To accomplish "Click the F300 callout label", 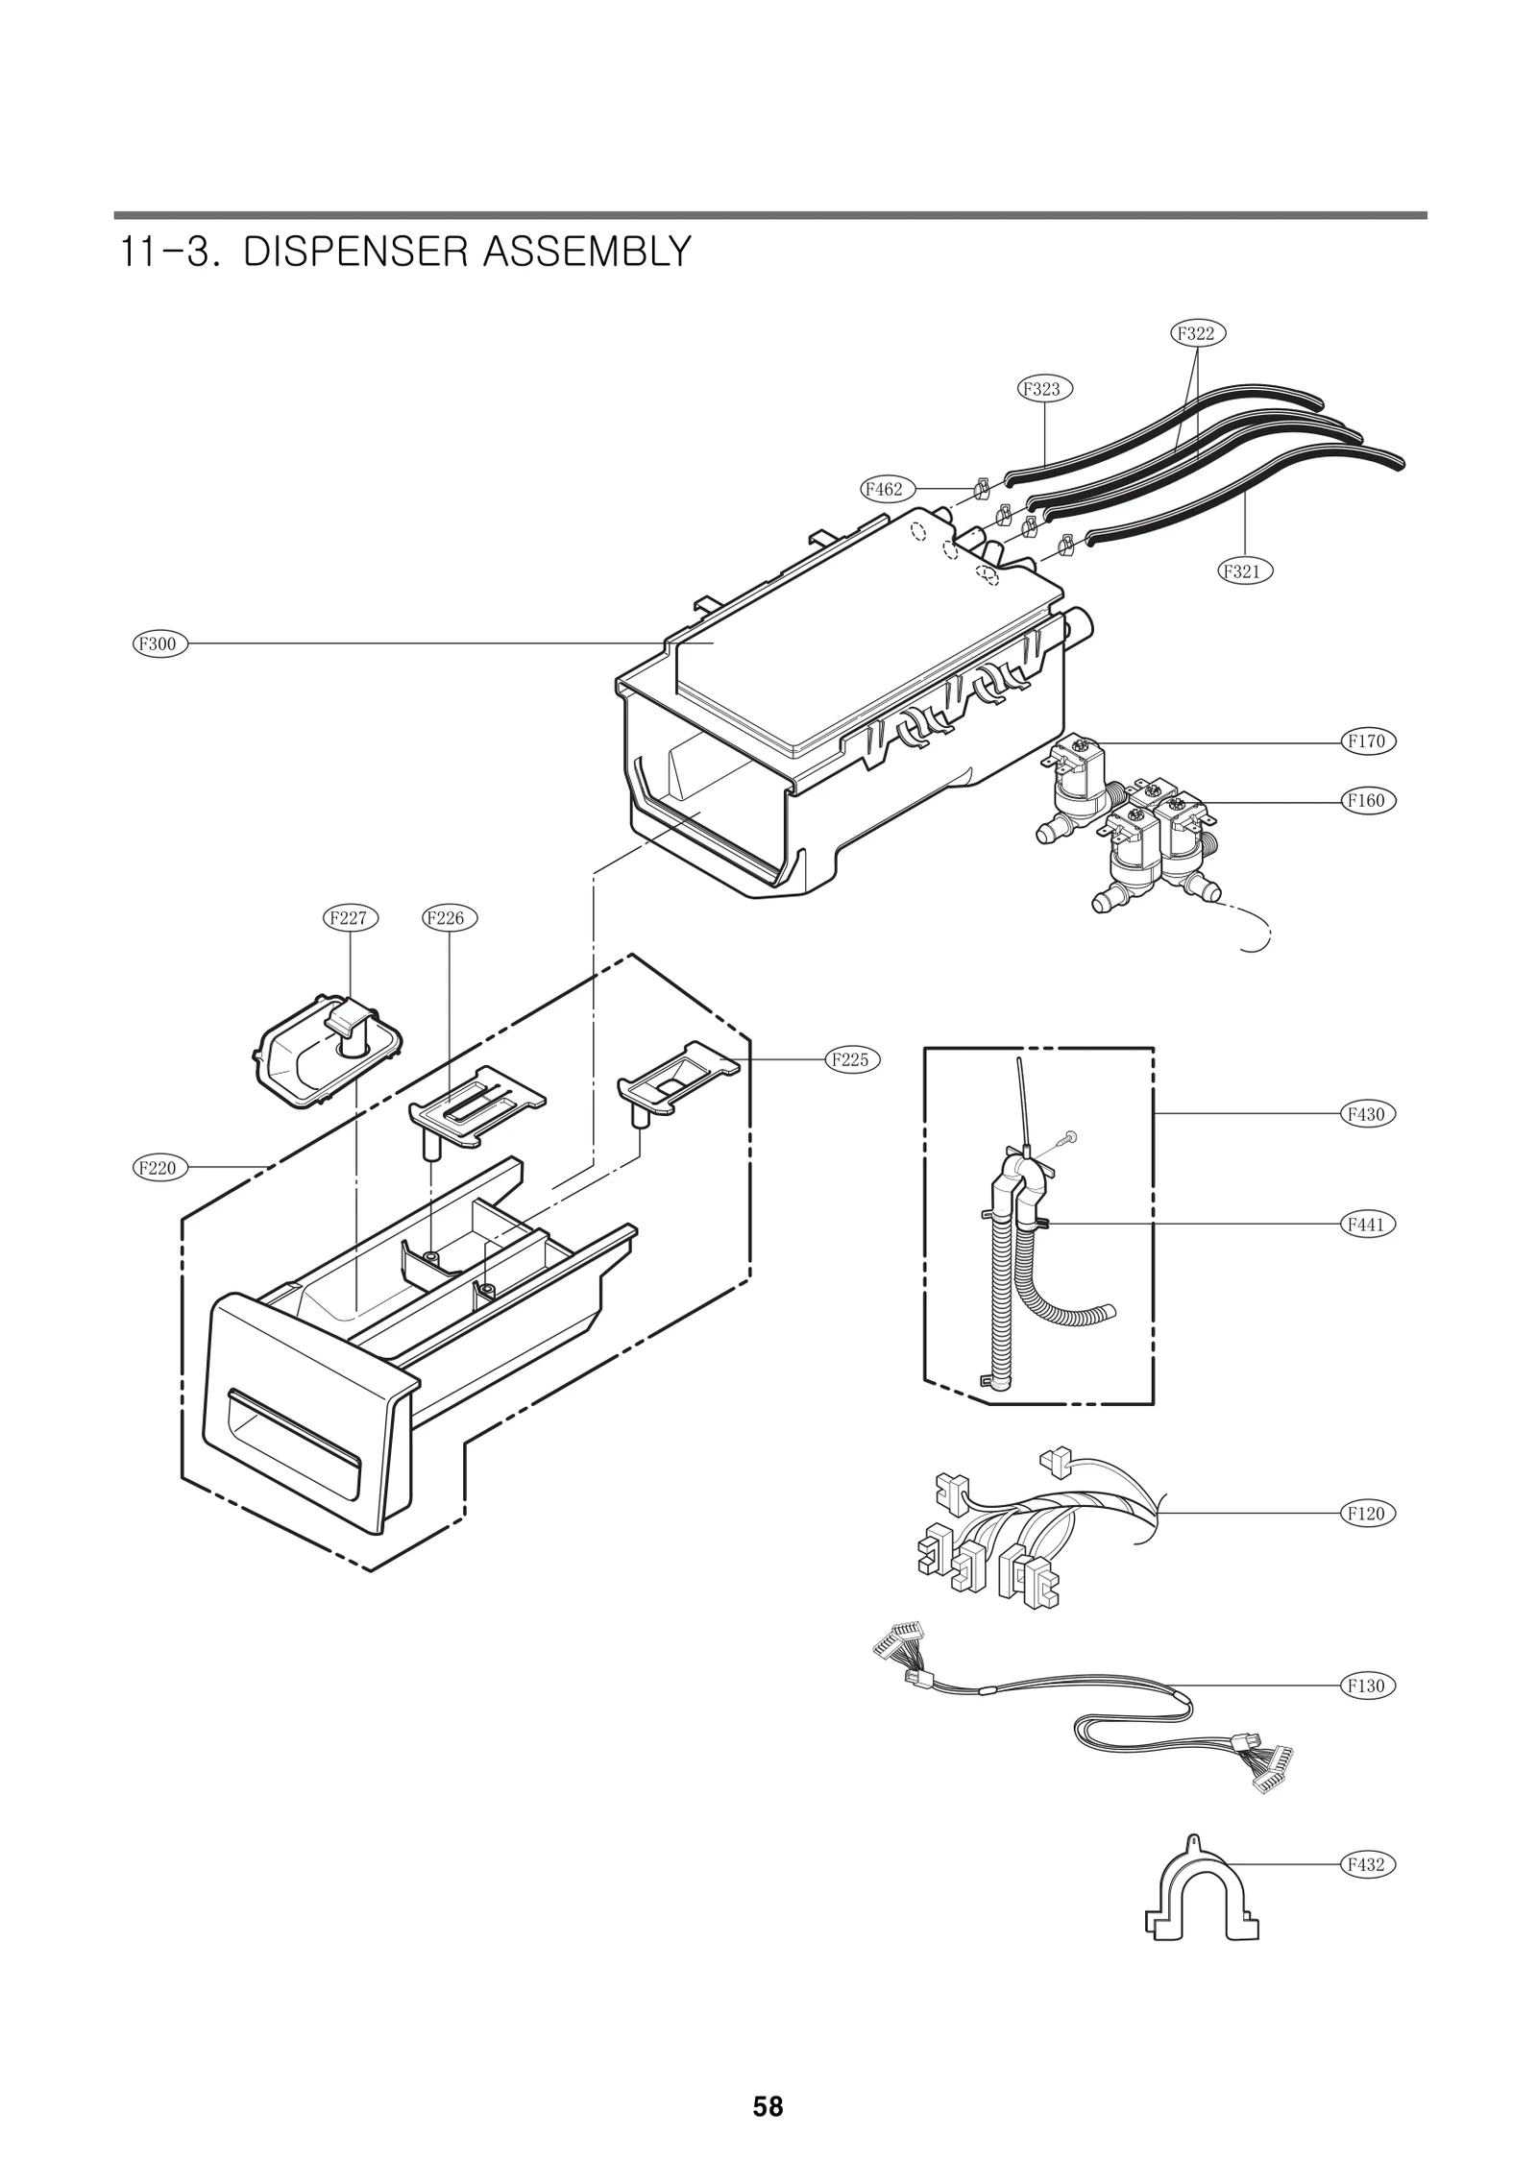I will (159, 643).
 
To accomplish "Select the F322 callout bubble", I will (1197, 333).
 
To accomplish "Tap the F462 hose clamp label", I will (885, 489).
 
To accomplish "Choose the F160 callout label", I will (1367, 800).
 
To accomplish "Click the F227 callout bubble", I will (349, 917).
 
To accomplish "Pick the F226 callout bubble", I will (450, 917).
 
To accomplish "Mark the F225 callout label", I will (852, 1059).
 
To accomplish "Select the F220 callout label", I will (159, 1168).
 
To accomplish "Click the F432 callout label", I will (1367, 1864).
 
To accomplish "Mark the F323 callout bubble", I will (1044, 389).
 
